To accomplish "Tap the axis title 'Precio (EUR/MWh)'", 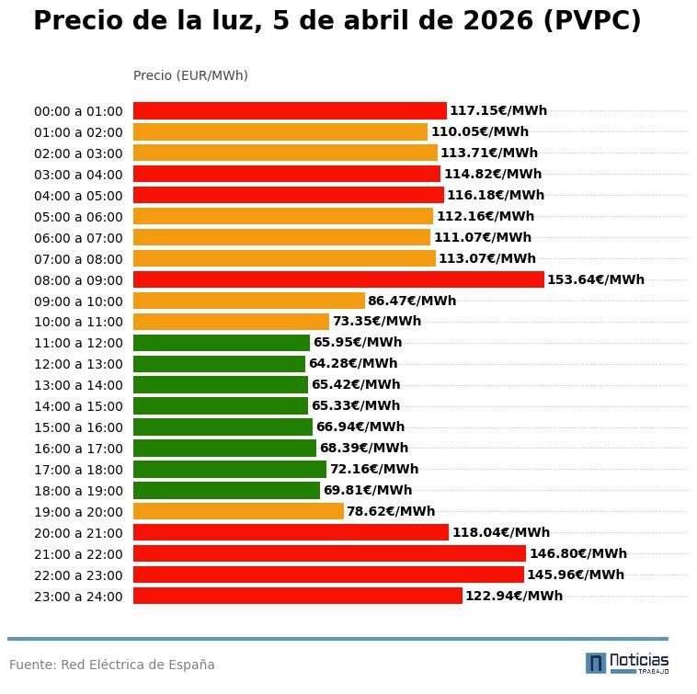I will coord(190,76).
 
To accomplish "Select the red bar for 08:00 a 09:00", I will coord(338,279).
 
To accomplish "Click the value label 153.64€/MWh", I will coord(595,280).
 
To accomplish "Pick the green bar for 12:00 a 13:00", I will coord(219,364).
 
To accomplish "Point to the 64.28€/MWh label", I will coord(353,364).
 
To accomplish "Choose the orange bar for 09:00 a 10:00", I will coord(248,301).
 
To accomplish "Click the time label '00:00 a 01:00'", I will coord(78,111).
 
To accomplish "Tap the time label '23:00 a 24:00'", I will coord(78,597).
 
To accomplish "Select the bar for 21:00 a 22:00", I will coord(329,553).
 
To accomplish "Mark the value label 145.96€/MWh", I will coord(575,575).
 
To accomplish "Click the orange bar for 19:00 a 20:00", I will coord(238,511).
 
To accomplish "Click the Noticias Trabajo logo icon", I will coord(596,663).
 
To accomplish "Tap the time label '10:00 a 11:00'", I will coord(78,322).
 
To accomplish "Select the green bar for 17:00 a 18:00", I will coord(229,469).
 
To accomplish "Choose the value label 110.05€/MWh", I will coord(479,132).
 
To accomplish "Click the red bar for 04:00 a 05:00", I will coord(288,195).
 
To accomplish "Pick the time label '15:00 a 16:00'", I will coord(78,427).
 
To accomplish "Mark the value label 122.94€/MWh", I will coord(513,597).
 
